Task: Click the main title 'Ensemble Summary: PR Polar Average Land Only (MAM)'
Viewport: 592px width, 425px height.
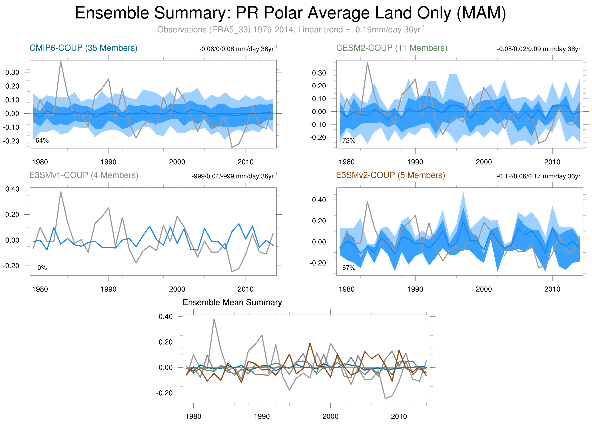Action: [290, 13]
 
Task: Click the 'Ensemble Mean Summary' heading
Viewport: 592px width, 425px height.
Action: [232, 302]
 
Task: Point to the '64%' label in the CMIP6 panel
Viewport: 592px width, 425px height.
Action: [42, 141]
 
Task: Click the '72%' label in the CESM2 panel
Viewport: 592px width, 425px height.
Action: [349, 141]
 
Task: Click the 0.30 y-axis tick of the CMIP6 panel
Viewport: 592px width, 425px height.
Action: [12, 72]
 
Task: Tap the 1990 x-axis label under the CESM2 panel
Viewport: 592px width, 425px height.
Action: [415, 162]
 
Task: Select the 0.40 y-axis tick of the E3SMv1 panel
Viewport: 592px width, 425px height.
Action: [12, 189]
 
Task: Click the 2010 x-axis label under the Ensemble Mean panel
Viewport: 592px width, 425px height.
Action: [399, 416]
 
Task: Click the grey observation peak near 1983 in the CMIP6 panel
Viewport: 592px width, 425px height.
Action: [61, 62]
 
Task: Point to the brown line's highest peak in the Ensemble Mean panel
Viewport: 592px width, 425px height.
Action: [310, 343]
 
